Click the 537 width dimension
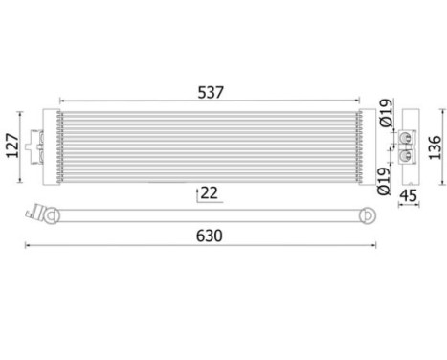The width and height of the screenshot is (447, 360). (x=210, y=92)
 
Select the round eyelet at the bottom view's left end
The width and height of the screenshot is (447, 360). (x=48, y=216)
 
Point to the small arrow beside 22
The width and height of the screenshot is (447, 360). (x=197, y=193)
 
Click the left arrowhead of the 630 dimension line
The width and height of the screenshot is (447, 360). (x=28, y=246)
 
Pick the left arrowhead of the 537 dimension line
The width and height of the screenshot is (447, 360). (x=62, y=100)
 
